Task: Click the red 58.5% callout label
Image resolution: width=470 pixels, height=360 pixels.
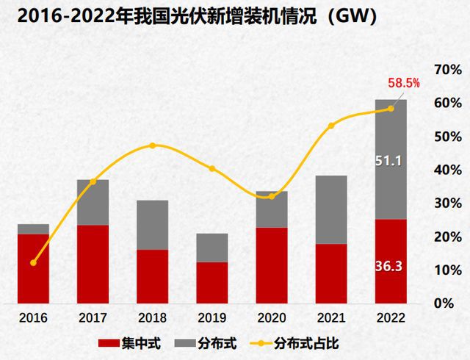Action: tap(403, 84)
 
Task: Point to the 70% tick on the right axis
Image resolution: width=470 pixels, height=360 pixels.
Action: tap(446, 70)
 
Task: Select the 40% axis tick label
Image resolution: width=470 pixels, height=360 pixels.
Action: tap(446, 170)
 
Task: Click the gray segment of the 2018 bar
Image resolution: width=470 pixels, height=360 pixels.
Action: tap(152, 225)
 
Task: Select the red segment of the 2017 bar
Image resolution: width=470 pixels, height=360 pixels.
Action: tap(93, 264)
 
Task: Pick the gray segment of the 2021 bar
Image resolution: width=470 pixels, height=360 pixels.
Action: tap(330, 209)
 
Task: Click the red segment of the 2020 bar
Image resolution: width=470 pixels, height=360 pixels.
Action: tap(271, 265)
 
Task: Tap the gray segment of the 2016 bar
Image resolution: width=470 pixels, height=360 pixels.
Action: tap(33, 229)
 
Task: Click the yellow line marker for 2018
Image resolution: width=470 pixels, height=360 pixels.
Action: tap(152, 145)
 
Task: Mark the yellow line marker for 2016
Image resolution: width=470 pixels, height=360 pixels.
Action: tap(33, 262)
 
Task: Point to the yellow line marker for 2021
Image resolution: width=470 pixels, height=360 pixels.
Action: tap(330, 126)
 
